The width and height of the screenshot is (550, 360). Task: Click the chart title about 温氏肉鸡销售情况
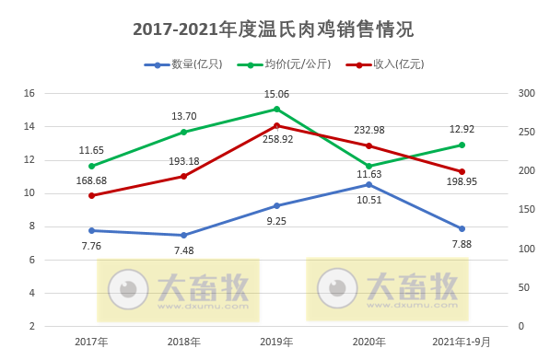coord(274,29)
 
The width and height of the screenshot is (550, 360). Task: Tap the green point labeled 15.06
coord(276,109)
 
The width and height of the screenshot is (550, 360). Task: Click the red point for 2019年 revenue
coord(276,125)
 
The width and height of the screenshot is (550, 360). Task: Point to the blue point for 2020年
coord(369,184)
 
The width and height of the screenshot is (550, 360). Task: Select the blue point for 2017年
coord(91,230)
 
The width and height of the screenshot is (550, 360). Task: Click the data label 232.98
coord(369,130)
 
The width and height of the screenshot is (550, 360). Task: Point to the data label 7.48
coord(184,250)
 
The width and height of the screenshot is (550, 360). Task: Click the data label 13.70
coord(184,116)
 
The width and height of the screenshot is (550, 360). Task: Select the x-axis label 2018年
coord(184,342)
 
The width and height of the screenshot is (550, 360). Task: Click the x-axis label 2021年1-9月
coord(462,342)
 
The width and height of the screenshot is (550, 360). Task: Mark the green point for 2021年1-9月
coord(462,145)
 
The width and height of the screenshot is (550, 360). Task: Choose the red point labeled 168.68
coord(91,195)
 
